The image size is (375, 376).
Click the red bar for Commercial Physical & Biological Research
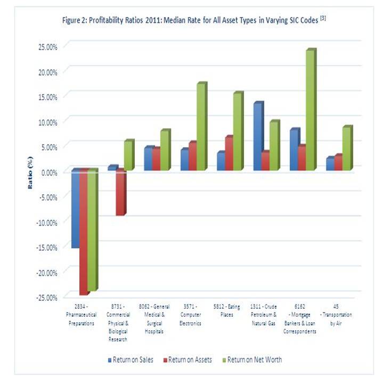pyautogui.click(x=120, y=192)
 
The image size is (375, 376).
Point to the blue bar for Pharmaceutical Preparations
pyautogui.click(x=75, y=208)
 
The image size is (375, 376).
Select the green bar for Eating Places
pyautogui.click(x=238, y=132)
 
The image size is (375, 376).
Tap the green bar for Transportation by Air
pyautogui.click(x=347, y=149)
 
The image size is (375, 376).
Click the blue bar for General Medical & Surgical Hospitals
pyautogui.click(x=148, y=159)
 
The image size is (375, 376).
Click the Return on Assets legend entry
pyautogui.click(x=190, y=360)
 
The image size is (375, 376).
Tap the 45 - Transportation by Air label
pyautogui.click(x=338, y=313)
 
